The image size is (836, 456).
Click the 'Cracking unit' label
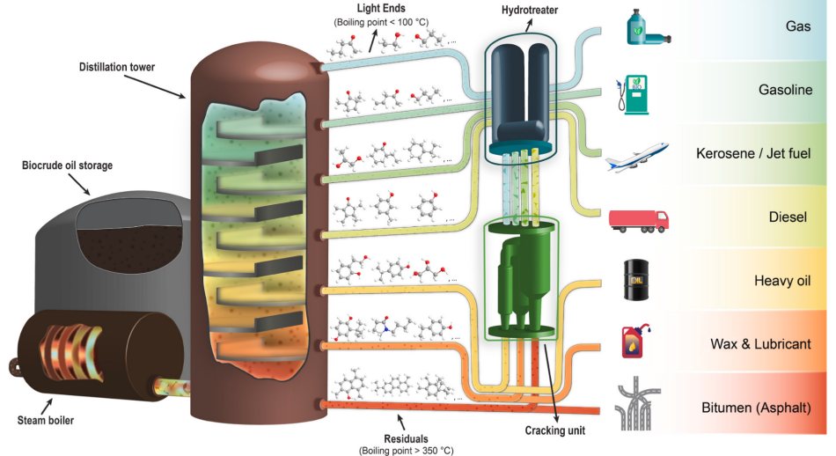[x=556, y=430]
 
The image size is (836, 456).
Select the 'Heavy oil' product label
[x=782, y=281]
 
